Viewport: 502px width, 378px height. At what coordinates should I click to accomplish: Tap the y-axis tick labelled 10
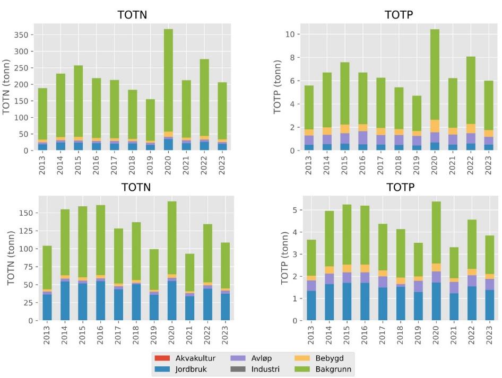[x=282, y=34]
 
